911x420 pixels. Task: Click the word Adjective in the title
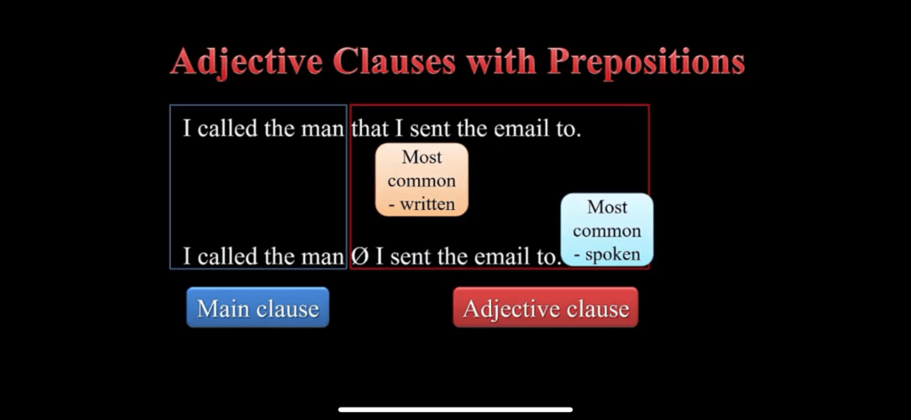(x=246, y=62)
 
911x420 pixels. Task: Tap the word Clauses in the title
(x=395, y=61)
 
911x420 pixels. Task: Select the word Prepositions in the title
(x=646, y=62)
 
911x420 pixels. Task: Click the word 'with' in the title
(x=502, y=61)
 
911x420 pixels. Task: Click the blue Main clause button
(x=257, y=307)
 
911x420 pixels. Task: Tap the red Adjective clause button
(x=545, y=307)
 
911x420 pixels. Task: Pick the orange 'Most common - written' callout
(x=422, y=180)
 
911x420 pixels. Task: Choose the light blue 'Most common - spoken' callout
(x=607, y=230)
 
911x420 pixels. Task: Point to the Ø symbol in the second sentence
(x=359, y=256)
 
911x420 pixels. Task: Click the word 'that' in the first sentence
(x=369, y=129)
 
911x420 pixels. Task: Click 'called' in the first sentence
(x=227, y=129)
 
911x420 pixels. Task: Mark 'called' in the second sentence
(x=227, y=256)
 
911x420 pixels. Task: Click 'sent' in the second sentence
(x=412, y=257)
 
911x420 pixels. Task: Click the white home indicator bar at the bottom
(x=455, y=409)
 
